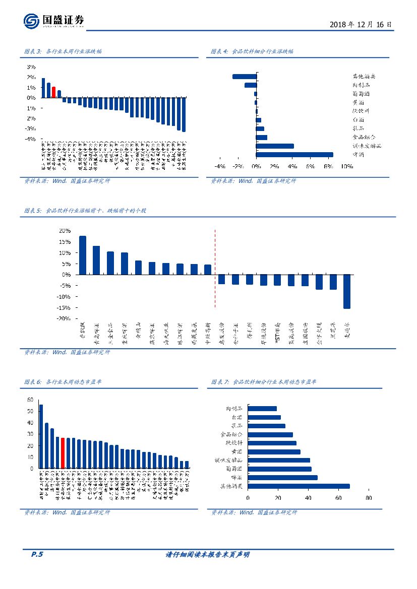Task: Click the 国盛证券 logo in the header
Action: click(53, 21)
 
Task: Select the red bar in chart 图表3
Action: click(54, 92)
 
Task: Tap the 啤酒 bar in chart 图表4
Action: click(294, 155)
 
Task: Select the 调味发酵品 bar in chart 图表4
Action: click(275, 146)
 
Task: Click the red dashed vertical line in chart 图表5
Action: click(215, 268)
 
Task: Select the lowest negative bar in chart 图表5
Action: click(346, 291)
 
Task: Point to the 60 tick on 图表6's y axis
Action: click(30, 400)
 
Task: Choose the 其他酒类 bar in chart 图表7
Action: click(299, 486)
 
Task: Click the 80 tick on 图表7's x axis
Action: click(369, 498)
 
